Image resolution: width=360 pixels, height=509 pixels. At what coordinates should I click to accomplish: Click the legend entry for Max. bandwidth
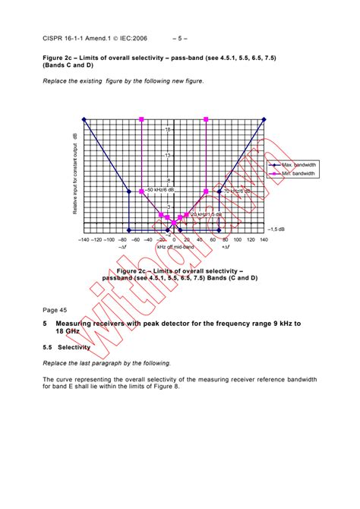click(x=298, y=165)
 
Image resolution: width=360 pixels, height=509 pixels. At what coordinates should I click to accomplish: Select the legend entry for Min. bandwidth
click(x=298, y=174)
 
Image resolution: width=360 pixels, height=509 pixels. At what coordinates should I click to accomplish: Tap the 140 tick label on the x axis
click(x=264, y=239)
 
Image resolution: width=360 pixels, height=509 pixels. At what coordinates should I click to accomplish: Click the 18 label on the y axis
click(x=167, y=129)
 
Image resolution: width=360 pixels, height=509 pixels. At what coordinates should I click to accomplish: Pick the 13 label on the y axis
click(x=167, y=155)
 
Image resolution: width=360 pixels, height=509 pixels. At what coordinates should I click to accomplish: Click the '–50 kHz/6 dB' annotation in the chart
click(x=160, y=189)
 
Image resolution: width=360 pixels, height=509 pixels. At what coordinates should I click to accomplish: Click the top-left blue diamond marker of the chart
click(x=85, y=119)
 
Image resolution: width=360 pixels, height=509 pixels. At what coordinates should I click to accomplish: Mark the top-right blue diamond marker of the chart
click(x=264, y=119)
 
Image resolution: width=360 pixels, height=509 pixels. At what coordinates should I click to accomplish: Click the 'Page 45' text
click(x=55, y=309)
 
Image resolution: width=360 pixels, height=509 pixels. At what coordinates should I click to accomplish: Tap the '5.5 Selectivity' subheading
click(x=66, y=347)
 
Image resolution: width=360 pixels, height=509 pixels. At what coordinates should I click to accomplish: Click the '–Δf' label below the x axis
click(x=122, y=247)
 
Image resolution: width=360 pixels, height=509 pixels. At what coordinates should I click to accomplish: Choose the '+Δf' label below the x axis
click(x=226, y=247)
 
